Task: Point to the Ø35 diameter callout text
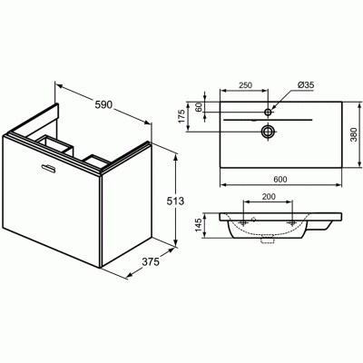(x=303, y=85)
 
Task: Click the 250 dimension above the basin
(x=244, y=85)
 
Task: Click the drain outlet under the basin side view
(x=267, y=242)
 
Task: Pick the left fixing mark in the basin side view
(x=243, y=221)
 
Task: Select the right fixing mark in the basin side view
(x=291, y=221)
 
